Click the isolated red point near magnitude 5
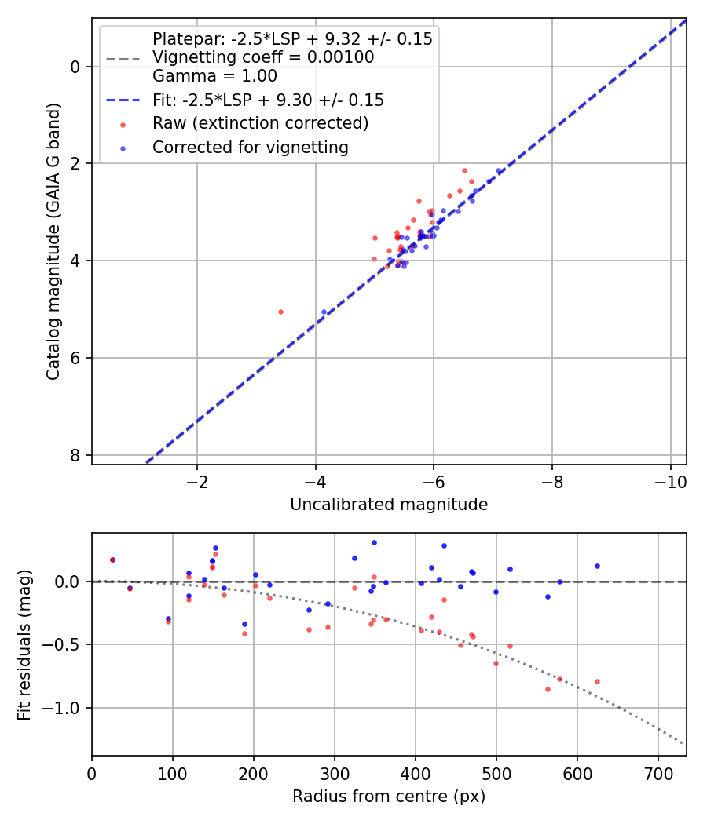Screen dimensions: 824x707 tap(280, 312)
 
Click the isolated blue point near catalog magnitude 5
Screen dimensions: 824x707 tap(324, 312)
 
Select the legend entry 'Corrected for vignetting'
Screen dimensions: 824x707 tap(250, 147)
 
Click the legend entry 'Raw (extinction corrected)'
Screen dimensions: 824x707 tap(260, 123)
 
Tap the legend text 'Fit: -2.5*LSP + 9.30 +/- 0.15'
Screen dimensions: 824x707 tap(268, 100)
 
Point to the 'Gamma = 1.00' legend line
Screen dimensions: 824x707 tap(214, 76)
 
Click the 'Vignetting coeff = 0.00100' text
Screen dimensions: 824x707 tap(263, 57)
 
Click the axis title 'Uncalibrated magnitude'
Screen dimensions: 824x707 tap(389, 505)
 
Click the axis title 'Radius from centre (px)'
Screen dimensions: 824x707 tap(389, 797)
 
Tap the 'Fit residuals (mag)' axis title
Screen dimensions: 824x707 tap(24, 644)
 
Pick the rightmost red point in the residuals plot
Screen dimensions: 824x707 tap(597, 681)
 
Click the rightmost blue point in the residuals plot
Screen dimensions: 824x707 tap(597, 566)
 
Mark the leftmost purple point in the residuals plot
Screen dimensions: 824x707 tap(112, 560)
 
